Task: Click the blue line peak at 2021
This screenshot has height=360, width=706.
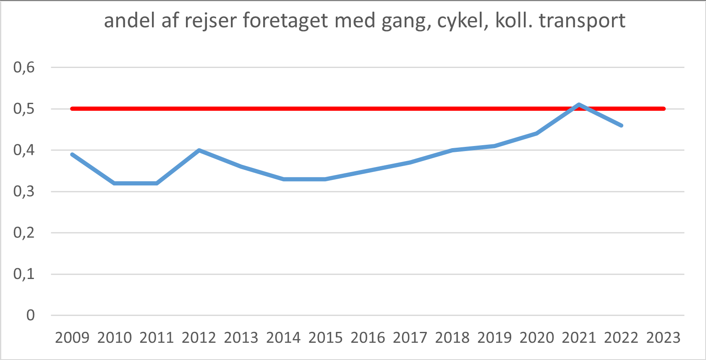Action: tap(579, 104)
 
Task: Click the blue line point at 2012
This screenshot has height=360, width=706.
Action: tap(199, 150)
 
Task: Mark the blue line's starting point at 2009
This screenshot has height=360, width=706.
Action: tap(72, 154)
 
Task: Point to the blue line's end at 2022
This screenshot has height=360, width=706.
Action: tap(621, 125)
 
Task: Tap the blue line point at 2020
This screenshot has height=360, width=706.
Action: tap(537, 133)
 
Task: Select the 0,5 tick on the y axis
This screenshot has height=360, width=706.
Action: tap(24, 109)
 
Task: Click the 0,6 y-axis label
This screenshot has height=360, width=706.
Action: tap(24, 67)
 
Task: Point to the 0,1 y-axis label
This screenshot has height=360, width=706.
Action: tap(24, 274)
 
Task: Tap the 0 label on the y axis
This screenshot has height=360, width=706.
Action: tap(31, 315)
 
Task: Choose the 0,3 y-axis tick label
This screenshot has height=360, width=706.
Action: tap(24, 191)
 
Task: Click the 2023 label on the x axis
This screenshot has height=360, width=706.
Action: tap(663, 338)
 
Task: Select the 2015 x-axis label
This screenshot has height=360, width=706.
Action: tap(326, 338)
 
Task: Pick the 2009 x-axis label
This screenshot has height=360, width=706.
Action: tap(72, 338)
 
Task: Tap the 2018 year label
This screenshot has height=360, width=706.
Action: tap(452, 338)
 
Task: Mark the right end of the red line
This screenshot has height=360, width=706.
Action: tap(664, 109)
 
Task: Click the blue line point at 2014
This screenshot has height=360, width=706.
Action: tap(283, 179)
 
